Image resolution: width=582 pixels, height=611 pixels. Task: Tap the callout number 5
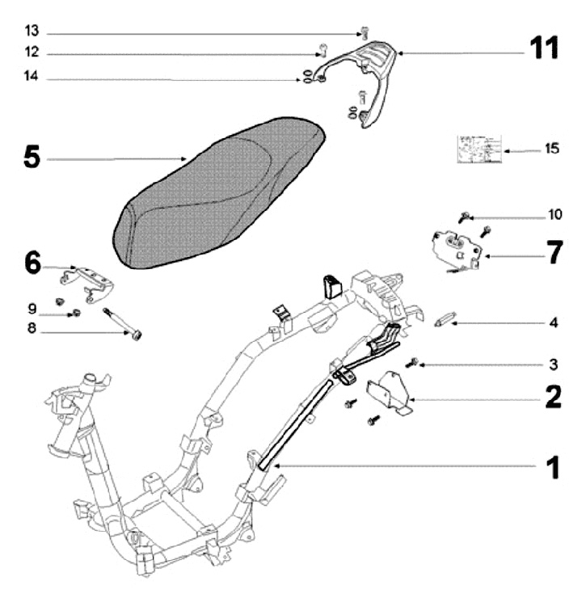[x=30, y=157]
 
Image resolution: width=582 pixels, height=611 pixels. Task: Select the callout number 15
[x=551, y=149]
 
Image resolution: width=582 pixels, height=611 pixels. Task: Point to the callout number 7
[x=552, y=252]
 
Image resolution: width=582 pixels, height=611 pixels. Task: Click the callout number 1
[x=551, y=467]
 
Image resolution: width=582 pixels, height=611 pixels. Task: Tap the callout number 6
[x=32, y=262]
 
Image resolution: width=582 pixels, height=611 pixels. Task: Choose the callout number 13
[x=31, y=33]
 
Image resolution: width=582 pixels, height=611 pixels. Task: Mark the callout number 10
[x=554, y=215]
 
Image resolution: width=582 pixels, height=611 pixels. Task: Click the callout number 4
[x=553, y=322]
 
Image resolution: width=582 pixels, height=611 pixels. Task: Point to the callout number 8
[x=32, y=329]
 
